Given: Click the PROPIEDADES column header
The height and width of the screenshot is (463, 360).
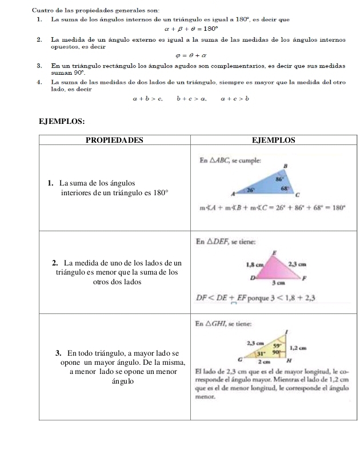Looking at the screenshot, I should coord(114,140).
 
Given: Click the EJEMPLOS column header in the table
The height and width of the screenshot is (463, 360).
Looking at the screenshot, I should coord(273,140).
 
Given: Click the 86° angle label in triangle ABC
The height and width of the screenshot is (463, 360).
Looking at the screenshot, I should coord(278,178).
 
